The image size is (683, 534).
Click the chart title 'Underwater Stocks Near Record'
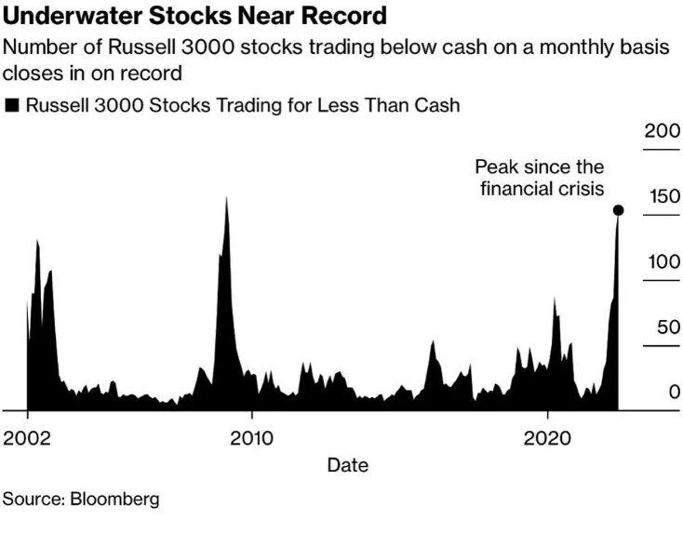[x=194, y=16]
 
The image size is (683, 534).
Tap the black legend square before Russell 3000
[x=12, y=106]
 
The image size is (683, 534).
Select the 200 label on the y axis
[x=663, y=131]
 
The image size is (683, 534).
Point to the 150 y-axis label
[x=663, y=196]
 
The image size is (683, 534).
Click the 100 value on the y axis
[x=663, y=261]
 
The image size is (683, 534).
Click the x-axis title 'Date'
[x=347, y=464]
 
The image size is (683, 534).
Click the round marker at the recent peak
[x=618, y=210]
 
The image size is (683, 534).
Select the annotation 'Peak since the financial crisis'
[x=540, y=178]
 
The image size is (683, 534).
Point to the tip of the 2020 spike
[x=555, y=299]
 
